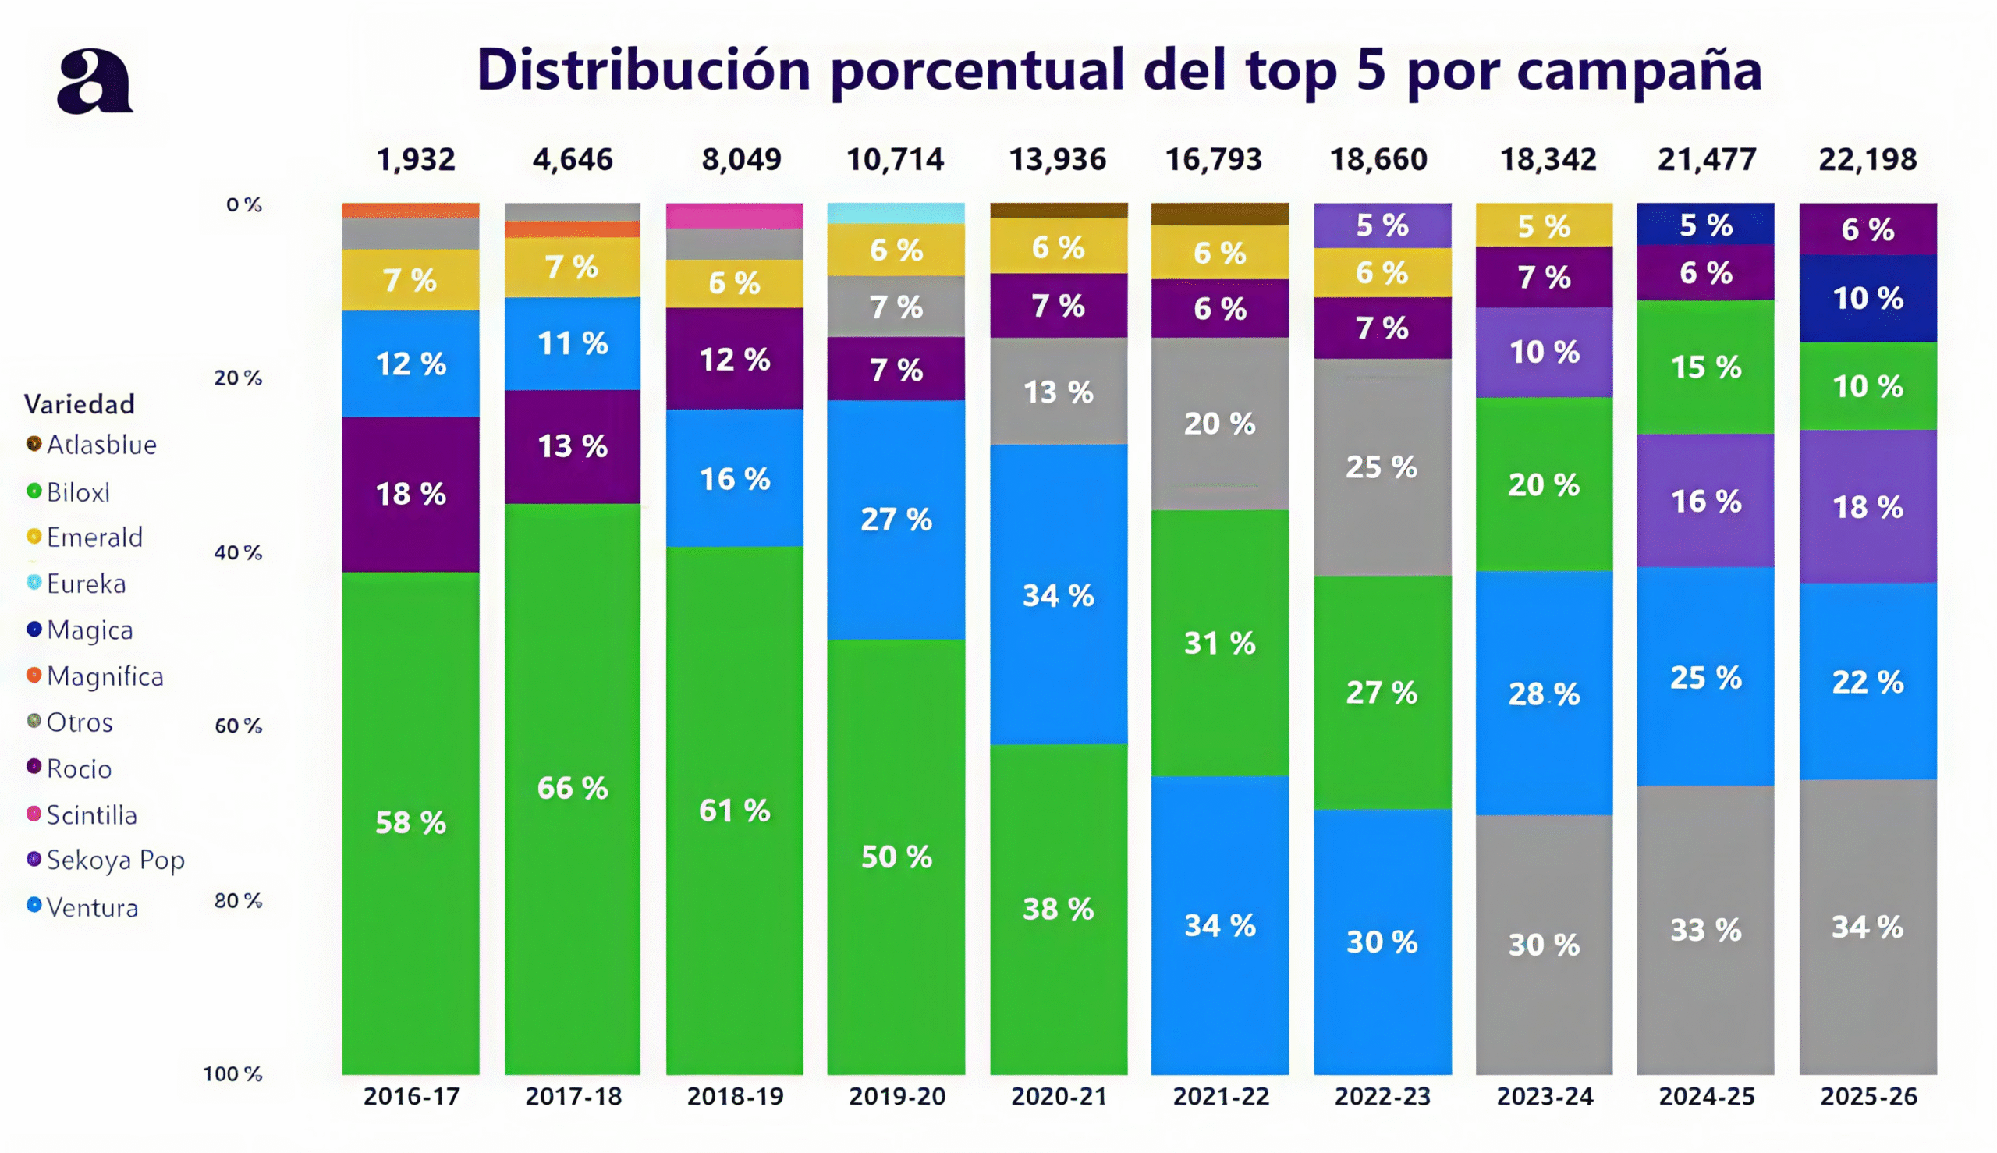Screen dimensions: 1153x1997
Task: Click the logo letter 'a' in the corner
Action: click(x=94, y=82)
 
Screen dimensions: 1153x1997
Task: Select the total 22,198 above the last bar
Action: click(x=1868, y=160)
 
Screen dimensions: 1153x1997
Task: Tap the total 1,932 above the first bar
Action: click(x=416, y=160)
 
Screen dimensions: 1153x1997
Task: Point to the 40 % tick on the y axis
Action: click(x=238, y=552)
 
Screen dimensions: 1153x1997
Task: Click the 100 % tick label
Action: click(x=232, y=1073)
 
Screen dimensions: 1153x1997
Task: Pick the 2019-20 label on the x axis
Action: click(x=896, y=1097)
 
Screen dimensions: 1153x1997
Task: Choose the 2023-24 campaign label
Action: click(x=1544, y=1097)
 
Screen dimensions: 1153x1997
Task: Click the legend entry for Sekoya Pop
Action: click(x=115, y=860)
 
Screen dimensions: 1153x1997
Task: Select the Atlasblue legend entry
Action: click(x=101, y=445)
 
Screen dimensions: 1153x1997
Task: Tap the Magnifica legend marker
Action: click(x=34, y=676)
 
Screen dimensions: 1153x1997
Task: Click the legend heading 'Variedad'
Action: click(x=80, y=405)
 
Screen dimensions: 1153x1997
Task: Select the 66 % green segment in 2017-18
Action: click(x=573, y=788)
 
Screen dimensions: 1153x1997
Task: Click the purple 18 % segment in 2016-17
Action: click(x=410, y=494)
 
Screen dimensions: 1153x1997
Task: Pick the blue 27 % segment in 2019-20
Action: click(x=896, y=520)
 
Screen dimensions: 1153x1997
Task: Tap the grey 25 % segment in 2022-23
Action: click(x=1382, y=467)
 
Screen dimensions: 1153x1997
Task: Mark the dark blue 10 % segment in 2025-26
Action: click(x=1868, y=299)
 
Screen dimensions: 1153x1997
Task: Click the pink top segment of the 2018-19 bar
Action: click(x=734, y=216)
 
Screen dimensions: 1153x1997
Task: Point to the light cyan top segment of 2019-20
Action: click(x=896, y=213)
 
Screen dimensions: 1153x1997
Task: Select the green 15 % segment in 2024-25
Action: click(x=1705, y=367)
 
